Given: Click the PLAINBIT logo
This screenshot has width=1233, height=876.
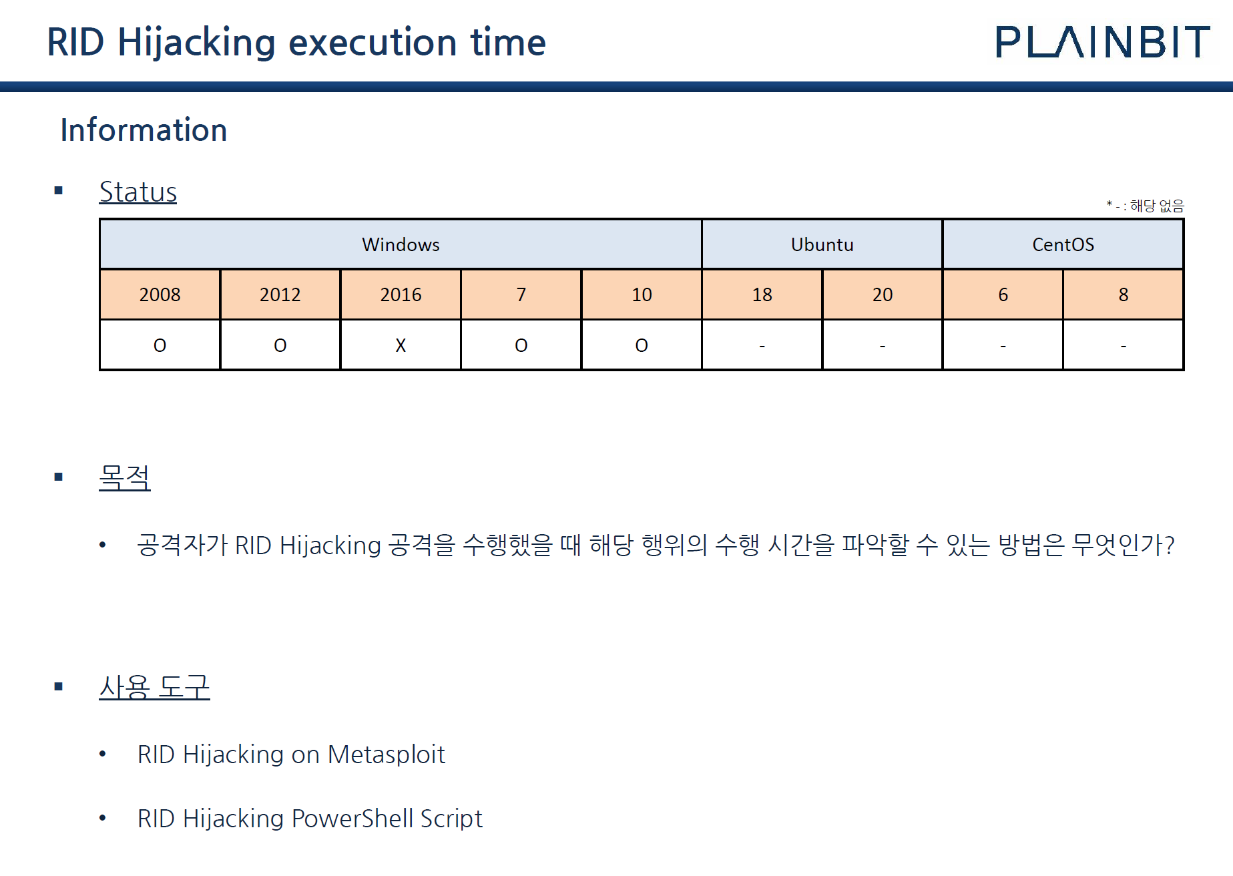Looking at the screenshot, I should (x=1102, y=42).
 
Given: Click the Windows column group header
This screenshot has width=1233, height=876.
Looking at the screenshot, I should (x=401, y=244).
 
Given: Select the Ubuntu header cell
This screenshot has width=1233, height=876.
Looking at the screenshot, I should (x=822, y=244).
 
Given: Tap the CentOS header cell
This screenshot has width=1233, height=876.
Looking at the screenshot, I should (x=1063, y=244).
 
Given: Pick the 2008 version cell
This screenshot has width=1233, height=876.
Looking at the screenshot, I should (x=160, y=294).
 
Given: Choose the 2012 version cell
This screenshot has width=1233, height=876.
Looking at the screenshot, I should (x=280, y=294).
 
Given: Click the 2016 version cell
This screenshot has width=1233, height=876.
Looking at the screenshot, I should (x=401, y=294).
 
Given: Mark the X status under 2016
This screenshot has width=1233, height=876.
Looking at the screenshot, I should (x=401, y=345).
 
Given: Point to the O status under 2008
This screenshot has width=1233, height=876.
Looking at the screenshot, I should (x=160, y=345).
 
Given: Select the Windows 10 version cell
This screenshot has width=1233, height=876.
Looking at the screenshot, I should (x=642, y=294).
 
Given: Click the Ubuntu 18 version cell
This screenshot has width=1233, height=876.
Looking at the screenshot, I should (x=762, y=294).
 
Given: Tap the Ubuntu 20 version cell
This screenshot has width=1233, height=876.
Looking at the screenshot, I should (x=882, y=294).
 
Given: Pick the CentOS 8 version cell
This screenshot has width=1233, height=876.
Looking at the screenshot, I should (x=1124, y=294).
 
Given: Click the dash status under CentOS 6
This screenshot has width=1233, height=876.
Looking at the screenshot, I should (x=1003, y=345).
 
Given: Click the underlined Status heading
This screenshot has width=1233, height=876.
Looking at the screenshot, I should (x=138, y=192).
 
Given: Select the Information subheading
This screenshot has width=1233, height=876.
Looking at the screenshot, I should (x=144, y=130).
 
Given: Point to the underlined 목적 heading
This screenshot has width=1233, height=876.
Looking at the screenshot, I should (x=125, y=477).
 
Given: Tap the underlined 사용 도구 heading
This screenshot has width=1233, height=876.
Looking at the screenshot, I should (x=154, y=687).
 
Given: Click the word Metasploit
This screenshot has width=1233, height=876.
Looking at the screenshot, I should (x=386, y=754).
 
